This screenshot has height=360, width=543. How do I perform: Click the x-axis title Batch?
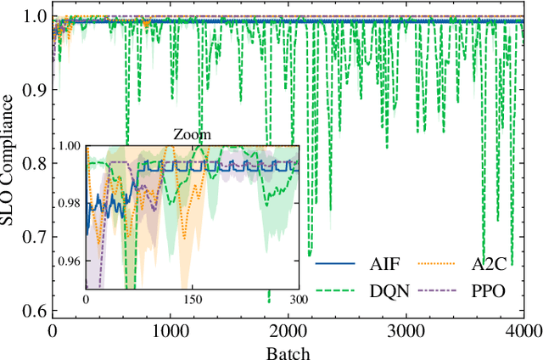[288, 352]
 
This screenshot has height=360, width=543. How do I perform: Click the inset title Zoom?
[192, 134]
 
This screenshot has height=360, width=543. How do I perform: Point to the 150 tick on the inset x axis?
[193, 300]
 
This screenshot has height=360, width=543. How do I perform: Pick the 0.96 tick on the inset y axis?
[72, 261]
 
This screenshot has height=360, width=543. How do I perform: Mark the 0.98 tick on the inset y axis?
[72, 203]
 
